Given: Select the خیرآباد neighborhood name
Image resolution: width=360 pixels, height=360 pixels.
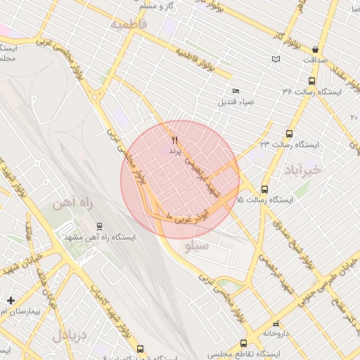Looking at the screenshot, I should tap(303, 169).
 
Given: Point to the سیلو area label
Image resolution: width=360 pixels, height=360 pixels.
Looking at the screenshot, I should tap(197, 246).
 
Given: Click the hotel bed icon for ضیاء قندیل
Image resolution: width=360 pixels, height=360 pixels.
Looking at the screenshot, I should tap(236, 91).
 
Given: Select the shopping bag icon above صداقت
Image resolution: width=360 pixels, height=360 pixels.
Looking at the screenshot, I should tap(314, 49).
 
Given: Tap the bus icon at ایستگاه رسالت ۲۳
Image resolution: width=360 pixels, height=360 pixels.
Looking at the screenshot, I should tap(289, 134).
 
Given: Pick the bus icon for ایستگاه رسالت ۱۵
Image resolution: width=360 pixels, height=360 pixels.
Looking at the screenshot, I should tap(264, 189).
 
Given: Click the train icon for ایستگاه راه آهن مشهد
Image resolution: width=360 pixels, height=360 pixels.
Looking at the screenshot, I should tap(99, 226).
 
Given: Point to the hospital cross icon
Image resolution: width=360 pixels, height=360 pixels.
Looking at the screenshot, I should tap(10, 300).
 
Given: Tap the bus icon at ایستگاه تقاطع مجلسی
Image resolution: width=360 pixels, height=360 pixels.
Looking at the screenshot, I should tap(243, 344).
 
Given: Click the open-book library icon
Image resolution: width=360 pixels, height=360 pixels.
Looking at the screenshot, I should tap(276, 59).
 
